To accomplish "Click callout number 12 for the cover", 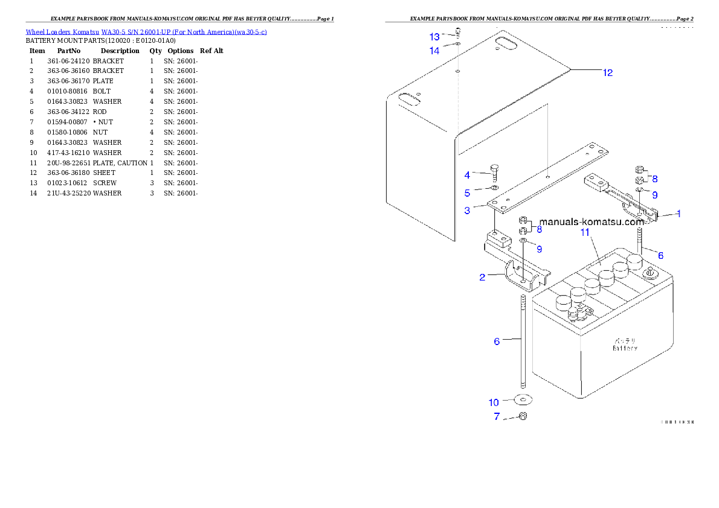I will tap(607, 73).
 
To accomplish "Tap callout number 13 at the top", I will tap(435, 37).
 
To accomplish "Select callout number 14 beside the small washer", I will tap(435, 51).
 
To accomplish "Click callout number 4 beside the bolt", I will tap(467, 176).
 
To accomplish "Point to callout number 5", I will tap(467, 193).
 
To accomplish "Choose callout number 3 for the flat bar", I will tap(467, 211).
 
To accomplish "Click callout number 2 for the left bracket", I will tap(482, 278).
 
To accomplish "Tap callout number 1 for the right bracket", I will tap(679, 214).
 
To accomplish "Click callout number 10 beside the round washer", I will tap(494, 402).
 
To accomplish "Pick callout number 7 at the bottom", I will tap(497, 416).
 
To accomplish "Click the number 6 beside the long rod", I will tap(497, 341).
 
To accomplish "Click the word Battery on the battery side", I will tap(625, 348).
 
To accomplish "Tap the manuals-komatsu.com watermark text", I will tap(592, 221).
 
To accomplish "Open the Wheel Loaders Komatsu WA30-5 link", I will tap(146, 31).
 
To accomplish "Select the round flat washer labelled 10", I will tap(523, 399).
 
